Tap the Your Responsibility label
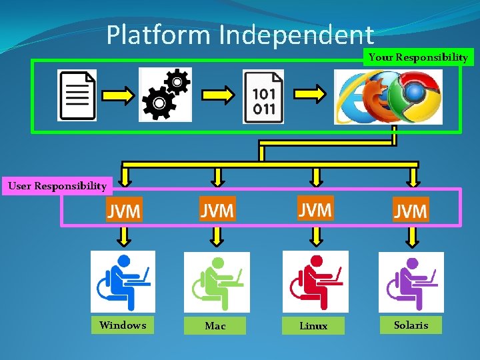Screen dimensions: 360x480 (418, 57)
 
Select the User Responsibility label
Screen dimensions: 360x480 (57, 186)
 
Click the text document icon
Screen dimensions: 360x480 (77, 95)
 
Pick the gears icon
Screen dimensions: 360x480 (165, 94)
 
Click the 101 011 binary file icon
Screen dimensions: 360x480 (264, 97)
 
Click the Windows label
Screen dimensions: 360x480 (123, 325)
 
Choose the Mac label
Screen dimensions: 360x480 (215, 326)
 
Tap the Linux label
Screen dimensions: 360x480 (313, 326)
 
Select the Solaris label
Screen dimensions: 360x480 (411, 325)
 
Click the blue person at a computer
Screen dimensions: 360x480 (123, 281)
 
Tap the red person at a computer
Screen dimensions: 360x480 (315, 281)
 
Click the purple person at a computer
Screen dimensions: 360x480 (411, 281)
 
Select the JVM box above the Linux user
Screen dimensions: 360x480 (315, 210)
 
